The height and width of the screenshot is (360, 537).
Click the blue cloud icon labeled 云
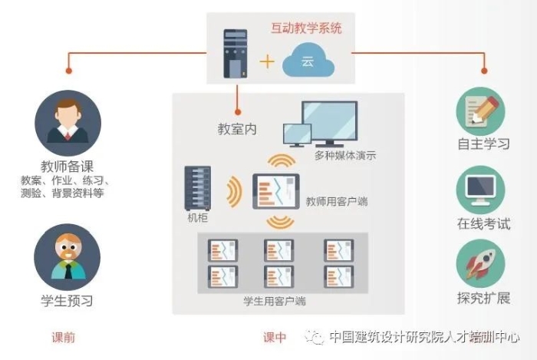click(308, 61)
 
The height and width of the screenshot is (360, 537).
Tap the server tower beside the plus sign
click(235, 54)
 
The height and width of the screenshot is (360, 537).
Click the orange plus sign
click(267, 61)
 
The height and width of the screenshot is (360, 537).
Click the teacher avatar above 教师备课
click(68, 123)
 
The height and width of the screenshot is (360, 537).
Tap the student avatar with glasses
click(68, 256)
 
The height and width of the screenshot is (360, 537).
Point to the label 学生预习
click(67, 301)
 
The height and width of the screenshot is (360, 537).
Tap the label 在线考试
click(484, 223)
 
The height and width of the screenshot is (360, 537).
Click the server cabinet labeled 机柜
click(197, 188)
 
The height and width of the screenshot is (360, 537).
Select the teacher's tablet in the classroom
click(275, 192)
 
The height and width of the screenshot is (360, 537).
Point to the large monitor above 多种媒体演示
click(329, 122)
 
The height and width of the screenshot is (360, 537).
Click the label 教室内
click(237, 130)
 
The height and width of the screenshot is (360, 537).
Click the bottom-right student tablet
click(338, 275)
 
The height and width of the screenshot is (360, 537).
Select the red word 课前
click(63, 337)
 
